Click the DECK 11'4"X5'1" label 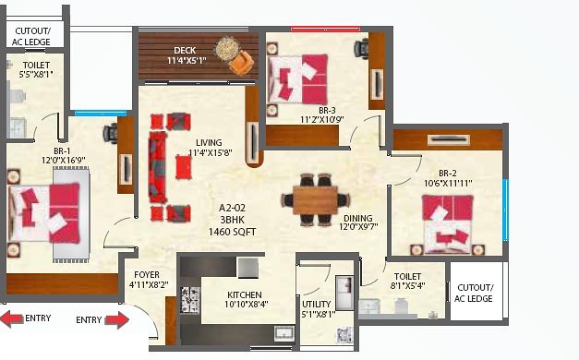[x=187, y=55]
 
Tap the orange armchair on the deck [x=241, y=62]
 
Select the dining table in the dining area [x=315, y=200]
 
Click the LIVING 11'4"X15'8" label [x=211, y=148]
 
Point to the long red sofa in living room [x=158, y=167]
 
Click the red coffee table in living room [x=184, y=167]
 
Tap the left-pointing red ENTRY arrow [x=12, y=319]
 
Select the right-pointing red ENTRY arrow [x=117, y=319]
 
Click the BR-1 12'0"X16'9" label [x=63, y=155]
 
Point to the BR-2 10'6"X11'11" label [x=448, y=178]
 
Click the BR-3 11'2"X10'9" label [x=322, y=114]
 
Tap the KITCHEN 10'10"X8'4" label [x=246, y=299]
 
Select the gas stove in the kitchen [x=190, y=300]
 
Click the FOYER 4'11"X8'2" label [x=149, y=280]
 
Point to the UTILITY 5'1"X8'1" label [x=318, y=309]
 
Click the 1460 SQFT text [x=233, y=232]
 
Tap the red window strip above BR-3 [x=325, y=30]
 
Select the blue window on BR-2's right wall [x=506, y=210]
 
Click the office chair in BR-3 [x=361, y=48]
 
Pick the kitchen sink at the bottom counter [x=284, y=333]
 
